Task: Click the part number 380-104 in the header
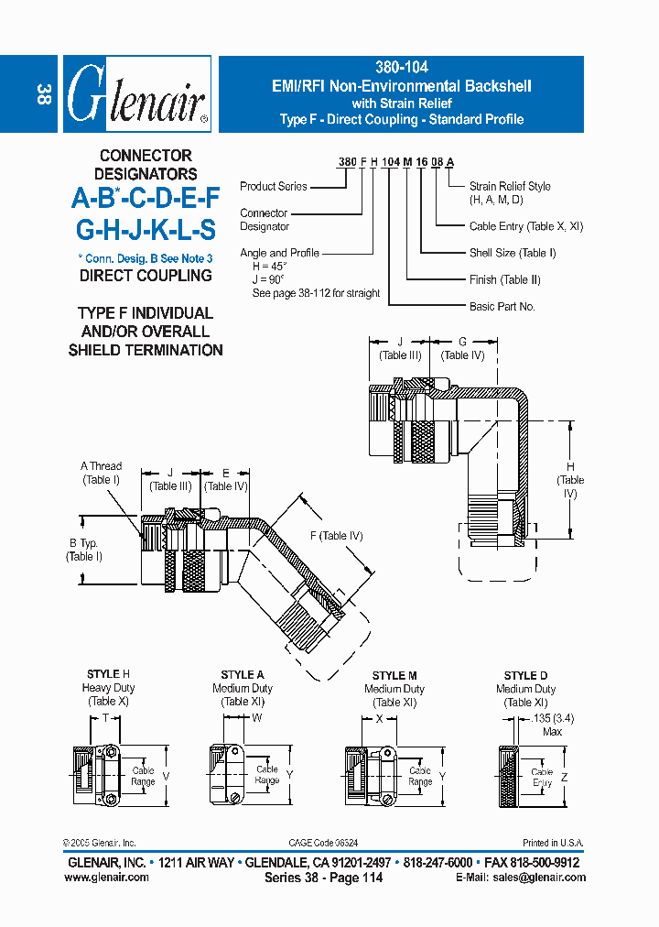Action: tap(402, 68)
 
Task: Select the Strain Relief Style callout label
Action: tap(510, 192)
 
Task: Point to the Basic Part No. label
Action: tap(502, 307)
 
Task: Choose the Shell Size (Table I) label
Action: tap(513, 253)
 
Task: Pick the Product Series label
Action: tap(274, 186)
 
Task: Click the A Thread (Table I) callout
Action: tap(101, 473)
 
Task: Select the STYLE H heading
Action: tap(108, 675)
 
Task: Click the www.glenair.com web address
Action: tap(107, 878)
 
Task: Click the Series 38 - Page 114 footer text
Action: tap(323, 878)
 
